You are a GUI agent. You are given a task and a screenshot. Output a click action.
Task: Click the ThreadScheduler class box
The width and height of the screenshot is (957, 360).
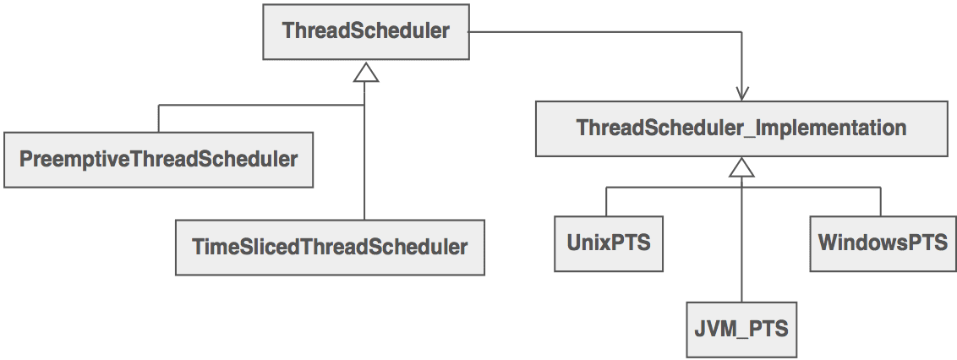point(366,32)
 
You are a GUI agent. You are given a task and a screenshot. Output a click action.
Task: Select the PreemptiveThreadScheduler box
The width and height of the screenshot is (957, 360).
point(159,159)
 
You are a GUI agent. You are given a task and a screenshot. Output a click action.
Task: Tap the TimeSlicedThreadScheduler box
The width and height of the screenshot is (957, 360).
point(331,247)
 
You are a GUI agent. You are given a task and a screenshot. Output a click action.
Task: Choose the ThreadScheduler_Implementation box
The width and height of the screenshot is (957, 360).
point(741,128)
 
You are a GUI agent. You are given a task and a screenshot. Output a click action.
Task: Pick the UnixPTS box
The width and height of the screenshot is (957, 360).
point(609,243)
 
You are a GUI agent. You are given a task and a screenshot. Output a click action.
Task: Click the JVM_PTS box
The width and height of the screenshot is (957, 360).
point(741,330)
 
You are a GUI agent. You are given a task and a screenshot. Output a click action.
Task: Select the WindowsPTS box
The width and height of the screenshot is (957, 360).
point(883,243)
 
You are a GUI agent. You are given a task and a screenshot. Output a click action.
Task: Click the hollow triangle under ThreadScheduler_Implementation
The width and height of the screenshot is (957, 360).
point(741,168)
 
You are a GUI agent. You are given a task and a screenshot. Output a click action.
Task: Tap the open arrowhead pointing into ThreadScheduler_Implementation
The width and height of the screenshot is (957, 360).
point(741,93)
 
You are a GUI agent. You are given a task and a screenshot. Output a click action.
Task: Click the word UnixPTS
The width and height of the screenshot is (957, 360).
point(609,243)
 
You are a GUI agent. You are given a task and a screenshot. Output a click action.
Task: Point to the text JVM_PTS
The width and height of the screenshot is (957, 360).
point(741,330)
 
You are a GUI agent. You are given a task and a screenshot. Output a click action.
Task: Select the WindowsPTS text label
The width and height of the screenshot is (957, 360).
point(883,243)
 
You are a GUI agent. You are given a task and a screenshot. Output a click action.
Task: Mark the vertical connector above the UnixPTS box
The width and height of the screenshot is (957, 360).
point(606,202)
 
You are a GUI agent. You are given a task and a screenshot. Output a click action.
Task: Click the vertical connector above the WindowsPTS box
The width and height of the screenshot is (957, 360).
point(881,202)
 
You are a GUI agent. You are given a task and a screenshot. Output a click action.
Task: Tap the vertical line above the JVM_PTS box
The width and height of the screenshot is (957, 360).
point(741,240)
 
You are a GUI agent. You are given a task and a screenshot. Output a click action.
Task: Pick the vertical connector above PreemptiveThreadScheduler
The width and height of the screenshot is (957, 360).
point(159,118)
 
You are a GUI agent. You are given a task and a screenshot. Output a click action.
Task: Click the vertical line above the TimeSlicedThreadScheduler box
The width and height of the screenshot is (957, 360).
point(364,150)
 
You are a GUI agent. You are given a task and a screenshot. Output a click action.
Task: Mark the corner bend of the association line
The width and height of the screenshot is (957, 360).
point(741,32)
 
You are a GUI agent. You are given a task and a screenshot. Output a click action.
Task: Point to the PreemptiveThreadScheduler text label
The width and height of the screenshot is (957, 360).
point(159,159)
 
